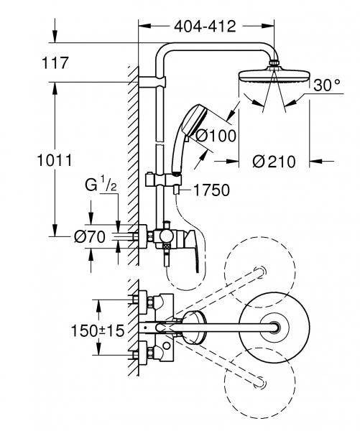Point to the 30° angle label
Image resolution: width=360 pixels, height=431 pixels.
(x=326, y=85)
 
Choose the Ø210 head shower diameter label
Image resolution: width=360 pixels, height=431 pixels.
(x=274, y=162)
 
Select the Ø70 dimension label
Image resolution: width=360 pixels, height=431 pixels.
(x=90, y=235)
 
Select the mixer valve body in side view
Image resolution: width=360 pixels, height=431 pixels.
(x=164, y=235)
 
